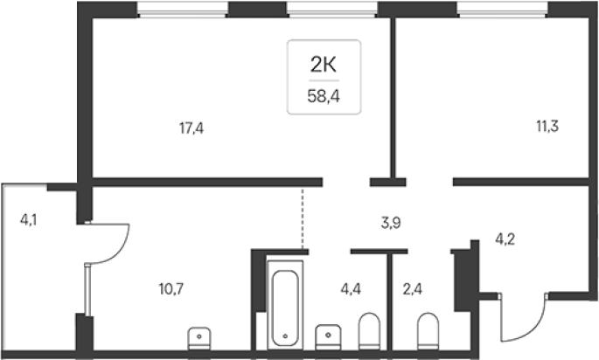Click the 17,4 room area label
[x=192, y=128]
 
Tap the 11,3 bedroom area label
[x=547, y=126]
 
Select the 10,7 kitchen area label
[x=171, y=289]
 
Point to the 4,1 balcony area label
[x=29, y=220]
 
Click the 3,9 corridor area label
[x=391, y=223]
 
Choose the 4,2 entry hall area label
[x=505, y=239]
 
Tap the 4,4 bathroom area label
[x=351, y=289]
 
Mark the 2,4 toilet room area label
[x=413, y=289]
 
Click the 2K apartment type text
[x=324, y=65]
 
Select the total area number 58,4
[x=324, y=97]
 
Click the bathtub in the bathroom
[x=285, y=305]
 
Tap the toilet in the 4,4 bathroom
[x=369, y=330]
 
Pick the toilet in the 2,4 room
[x=428, y=330]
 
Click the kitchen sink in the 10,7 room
[x=199, y=338]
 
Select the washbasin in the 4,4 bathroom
[x=328, y=336]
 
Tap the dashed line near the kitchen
[x=303, y=218]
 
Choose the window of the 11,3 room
[x=502, y=10]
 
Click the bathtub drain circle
[x=285, y=336]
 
